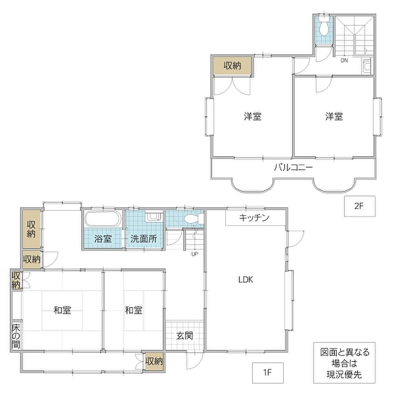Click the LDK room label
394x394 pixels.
pyautogui.click(x=245, y=280)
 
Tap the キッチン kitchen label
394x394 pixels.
pyautogui.click(x=254, y=218)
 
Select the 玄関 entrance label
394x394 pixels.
pyautogui.click(x=185, y=336)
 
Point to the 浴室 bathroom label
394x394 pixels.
pyautogui.click(x=103, y=239)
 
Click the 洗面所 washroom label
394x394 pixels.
pyautogui.click(x=144, y=239)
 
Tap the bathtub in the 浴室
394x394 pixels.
pyautogui.click(x=102, y=219)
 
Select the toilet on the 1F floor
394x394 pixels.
pyautogui.click(x=194, y=219)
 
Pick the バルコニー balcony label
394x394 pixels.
pyautogui.click(x=293, y=167)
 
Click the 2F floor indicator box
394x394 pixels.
pyautogui.click(x=360, y=206)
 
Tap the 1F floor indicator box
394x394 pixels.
pyautogui.click(x=268, y=372)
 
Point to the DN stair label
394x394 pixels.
pyautogui.click(x=344, y=60)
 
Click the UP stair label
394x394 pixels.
pyautogui.click(x=195, y=254)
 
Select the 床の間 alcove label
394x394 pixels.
pyautogui.click(x=16, y=336)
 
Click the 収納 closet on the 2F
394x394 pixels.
pyautogui.click(x=232, y=65)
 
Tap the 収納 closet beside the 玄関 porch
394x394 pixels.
pyautogui.click(x=154, y=361)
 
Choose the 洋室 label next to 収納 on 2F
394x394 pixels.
pyautogui.click(x=252, y=117)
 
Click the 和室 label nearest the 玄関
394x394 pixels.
pyautogui.click(x=134, y=311)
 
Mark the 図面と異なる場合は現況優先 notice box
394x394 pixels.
pyautogui.click(x=344, y=362)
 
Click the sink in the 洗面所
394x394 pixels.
pyautogui.click(x=153, y=217)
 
